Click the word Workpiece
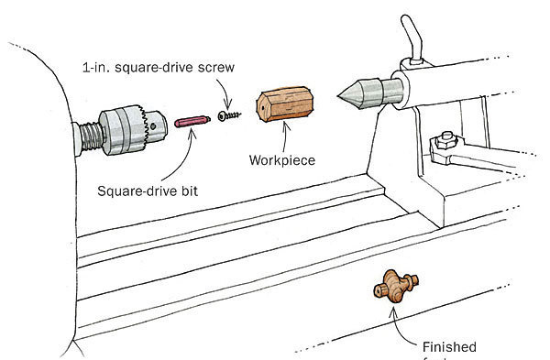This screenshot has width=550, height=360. pyautogui.click(x=282, y=160)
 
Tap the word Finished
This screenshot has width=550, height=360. pyautogui.click(x=450, y=346)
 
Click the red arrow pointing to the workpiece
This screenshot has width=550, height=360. pyautogui.click(x=286, y=138)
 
